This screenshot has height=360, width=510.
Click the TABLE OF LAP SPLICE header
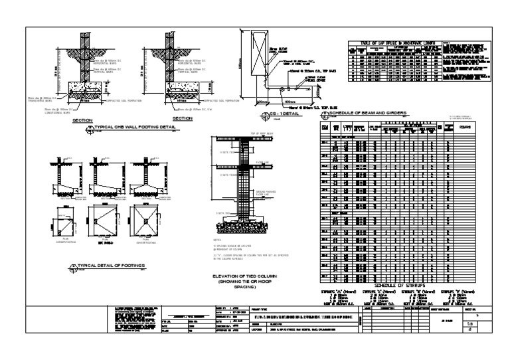point(392,43)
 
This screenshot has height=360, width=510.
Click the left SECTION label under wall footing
point(83,120)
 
